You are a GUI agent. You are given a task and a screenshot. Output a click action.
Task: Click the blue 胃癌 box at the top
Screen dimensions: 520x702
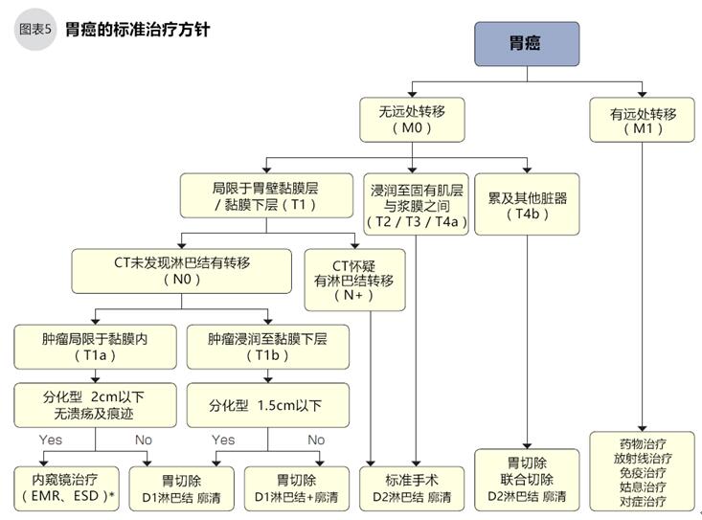click(527, 44)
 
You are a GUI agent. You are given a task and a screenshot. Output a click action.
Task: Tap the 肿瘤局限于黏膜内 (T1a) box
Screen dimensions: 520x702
click(95, 346)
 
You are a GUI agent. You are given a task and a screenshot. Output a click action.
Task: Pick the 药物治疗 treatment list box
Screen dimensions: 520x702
click(643, 472)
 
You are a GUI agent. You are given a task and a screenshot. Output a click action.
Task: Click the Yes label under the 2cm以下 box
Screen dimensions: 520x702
click(53, 440)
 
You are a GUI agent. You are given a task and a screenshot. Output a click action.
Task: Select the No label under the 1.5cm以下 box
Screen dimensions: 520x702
click(316, 440)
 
